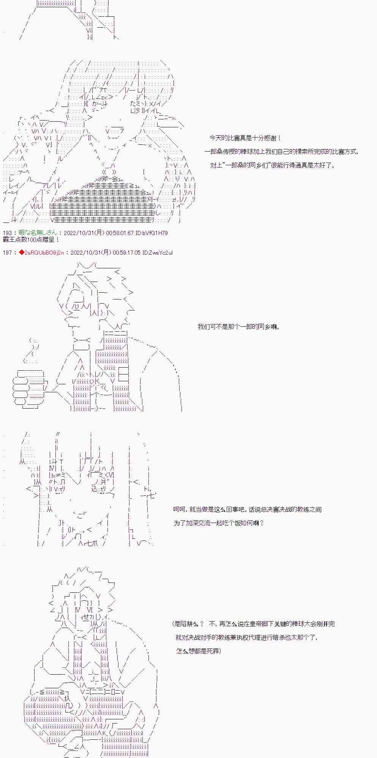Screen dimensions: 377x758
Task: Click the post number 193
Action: pos(7,233)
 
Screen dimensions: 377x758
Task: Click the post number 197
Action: pos(7,252)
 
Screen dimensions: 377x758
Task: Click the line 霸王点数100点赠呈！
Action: pos(31,240)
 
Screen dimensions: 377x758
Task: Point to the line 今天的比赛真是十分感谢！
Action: pos(245,138)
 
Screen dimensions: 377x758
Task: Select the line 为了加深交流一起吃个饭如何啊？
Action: pos(219,523)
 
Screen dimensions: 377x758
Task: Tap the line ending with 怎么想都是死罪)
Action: pos(199,651)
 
